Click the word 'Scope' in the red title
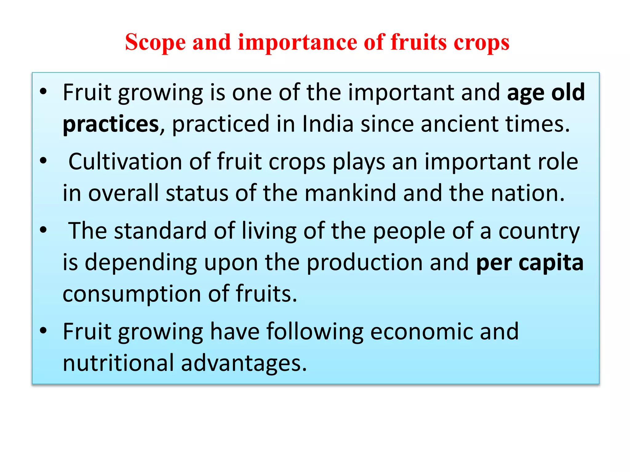[155, 42]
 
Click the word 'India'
[328, 124]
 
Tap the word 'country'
[539, 231]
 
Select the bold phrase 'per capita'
[530, 263]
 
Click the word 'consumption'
[132, 294]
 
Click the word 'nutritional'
[118, 363]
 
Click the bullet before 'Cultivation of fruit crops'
[43, 160]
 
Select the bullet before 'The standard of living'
[43, 230]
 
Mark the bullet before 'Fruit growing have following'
[43, 330]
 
